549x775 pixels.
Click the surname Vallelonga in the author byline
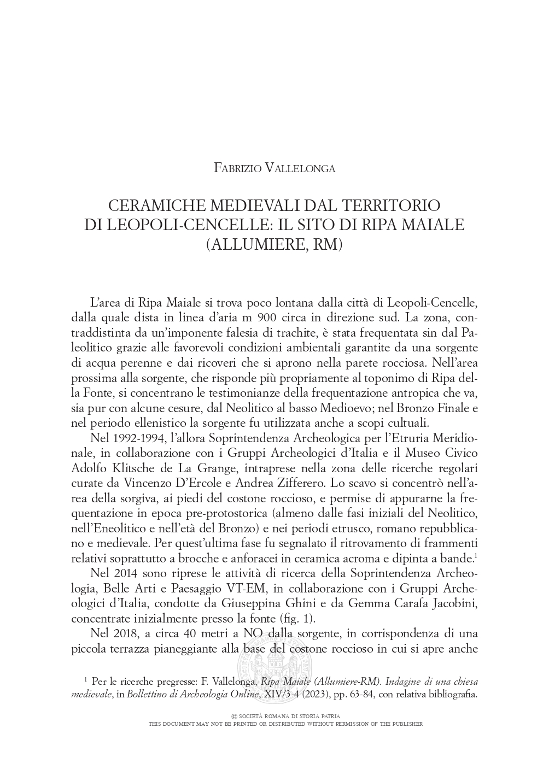tap(300, 168)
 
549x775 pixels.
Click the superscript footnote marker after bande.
tap(477, 555)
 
